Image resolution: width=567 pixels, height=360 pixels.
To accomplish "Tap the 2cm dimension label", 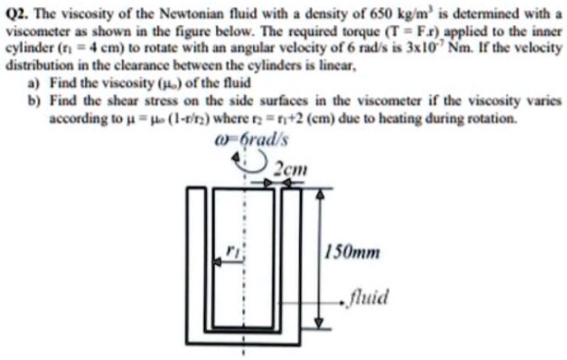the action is coord(290,169).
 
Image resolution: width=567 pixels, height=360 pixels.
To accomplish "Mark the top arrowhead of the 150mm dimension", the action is coord(320,197).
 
